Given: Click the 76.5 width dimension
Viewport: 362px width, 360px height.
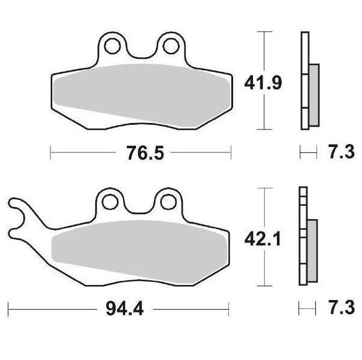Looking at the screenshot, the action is coord(145,153).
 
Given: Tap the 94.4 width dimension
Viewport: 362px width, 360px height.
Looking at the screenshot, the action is coord(125,309).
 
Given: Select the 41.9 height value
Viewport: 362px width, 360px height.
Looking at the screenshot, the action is coord(263,83).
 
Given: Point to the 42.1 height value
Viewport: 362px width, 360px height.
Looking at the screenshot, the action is coord(263,239).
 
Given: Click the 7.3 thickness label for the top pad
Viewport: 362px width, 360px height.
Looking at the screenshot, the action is coord(342,152).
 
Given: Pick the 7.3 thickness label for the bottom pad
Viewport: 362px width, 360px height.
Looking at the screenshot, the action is coord(342,308).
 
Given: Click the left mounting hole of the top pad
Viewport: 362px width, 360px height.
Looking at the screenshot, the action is coord(113,46).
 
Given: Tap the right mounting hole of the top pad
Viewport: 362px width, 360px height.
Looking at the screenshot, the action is coord(171,46).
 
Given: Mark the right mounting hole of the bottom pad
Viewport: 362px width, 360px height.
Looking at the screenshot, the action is coord(168,202).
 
